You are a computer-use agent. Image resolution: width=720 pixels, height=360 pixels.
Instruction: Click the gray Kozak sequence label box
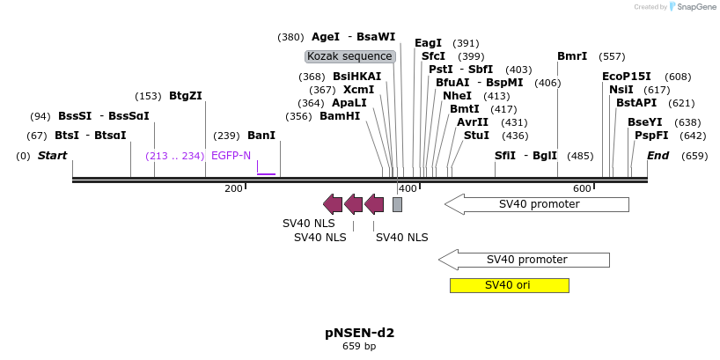pos(349,56)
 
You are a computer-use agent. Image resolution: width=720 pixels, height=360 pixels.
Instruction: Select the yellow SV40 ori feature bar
pos(509,285)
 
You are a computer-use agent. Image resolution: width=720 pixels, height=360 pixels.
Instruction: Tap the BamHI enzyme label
pos(340,116)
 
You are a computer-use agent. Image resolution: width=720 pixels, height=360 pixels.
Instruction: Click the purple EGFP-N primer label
pos(231,156)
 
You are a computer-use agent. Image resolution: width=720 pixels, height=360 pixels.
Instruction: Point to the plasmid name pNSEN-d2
pos(359,333)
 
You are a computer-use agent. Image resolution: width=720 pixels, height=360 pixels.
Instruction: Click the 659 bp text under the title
pos(359,347)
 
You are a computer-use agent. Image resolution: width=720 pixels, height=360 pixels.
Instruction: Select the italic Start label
pos(52,156)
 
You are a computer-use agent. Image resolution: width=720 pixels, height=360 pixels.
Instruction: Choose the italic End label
pos(658,156)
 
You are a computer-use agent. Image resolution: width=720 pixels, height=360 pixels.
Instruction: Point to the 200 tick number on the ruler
pos(234,189)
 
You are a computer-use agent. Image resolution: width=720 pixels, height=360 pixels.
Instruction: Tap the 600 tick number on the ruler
pos(582,189)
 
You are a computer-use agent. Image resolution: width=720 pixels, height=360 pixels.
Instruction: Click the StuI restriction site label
pos(476,136)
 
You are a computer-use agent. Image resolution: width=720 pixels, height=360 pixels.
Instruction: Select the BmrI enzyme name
pos(572,56)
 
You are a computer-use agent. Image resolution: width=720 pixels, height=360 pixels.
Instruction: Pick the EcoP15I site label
pos(627,77)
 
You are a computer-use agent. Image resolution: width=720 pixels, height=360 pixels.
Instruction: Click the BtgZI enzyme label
pos(186,96)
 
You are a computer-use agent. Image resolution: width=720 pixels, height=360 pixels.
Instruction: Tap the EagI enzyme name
pos(429,43)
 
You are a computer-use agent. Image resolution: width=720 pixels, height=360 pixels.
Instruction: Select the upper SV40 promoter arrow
pos(537,204)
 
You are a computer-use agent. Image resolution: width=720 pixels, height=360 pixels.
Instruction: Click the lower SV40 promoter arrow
pos(524,260)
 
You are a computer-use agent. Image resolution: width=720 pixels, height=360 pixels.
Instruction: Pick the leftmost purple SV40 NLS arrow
pos(333,204)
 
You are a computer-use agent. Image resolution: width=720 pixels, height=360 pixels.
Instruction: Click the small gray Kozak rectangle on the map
pos(397,204)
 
